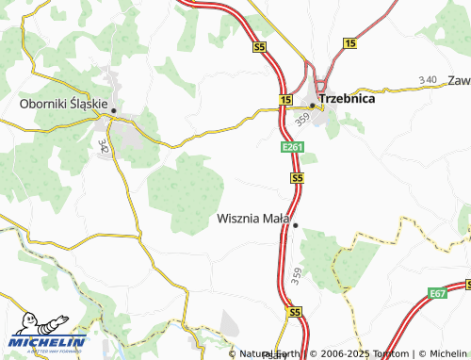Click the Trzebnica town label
click(347, 98)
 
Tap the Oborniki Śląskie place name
click(66, 104)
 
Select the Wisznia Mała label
click(252, 219)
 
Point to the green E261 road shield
click(292, 148)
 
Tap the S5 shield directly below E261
click(297, 177)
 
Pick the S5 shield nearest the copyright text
click(294, 311)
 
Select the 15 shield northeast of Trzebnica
click(349, 43)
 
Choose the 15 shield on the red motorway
click(285, 99)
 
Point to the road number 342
click(102, 146)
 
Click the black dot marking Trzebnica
click(312, 104)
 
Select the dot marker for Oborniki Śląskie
click(114, 110)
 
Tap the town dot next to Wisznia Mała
click(295, 225)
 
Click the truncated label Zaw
click(459, 80)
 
